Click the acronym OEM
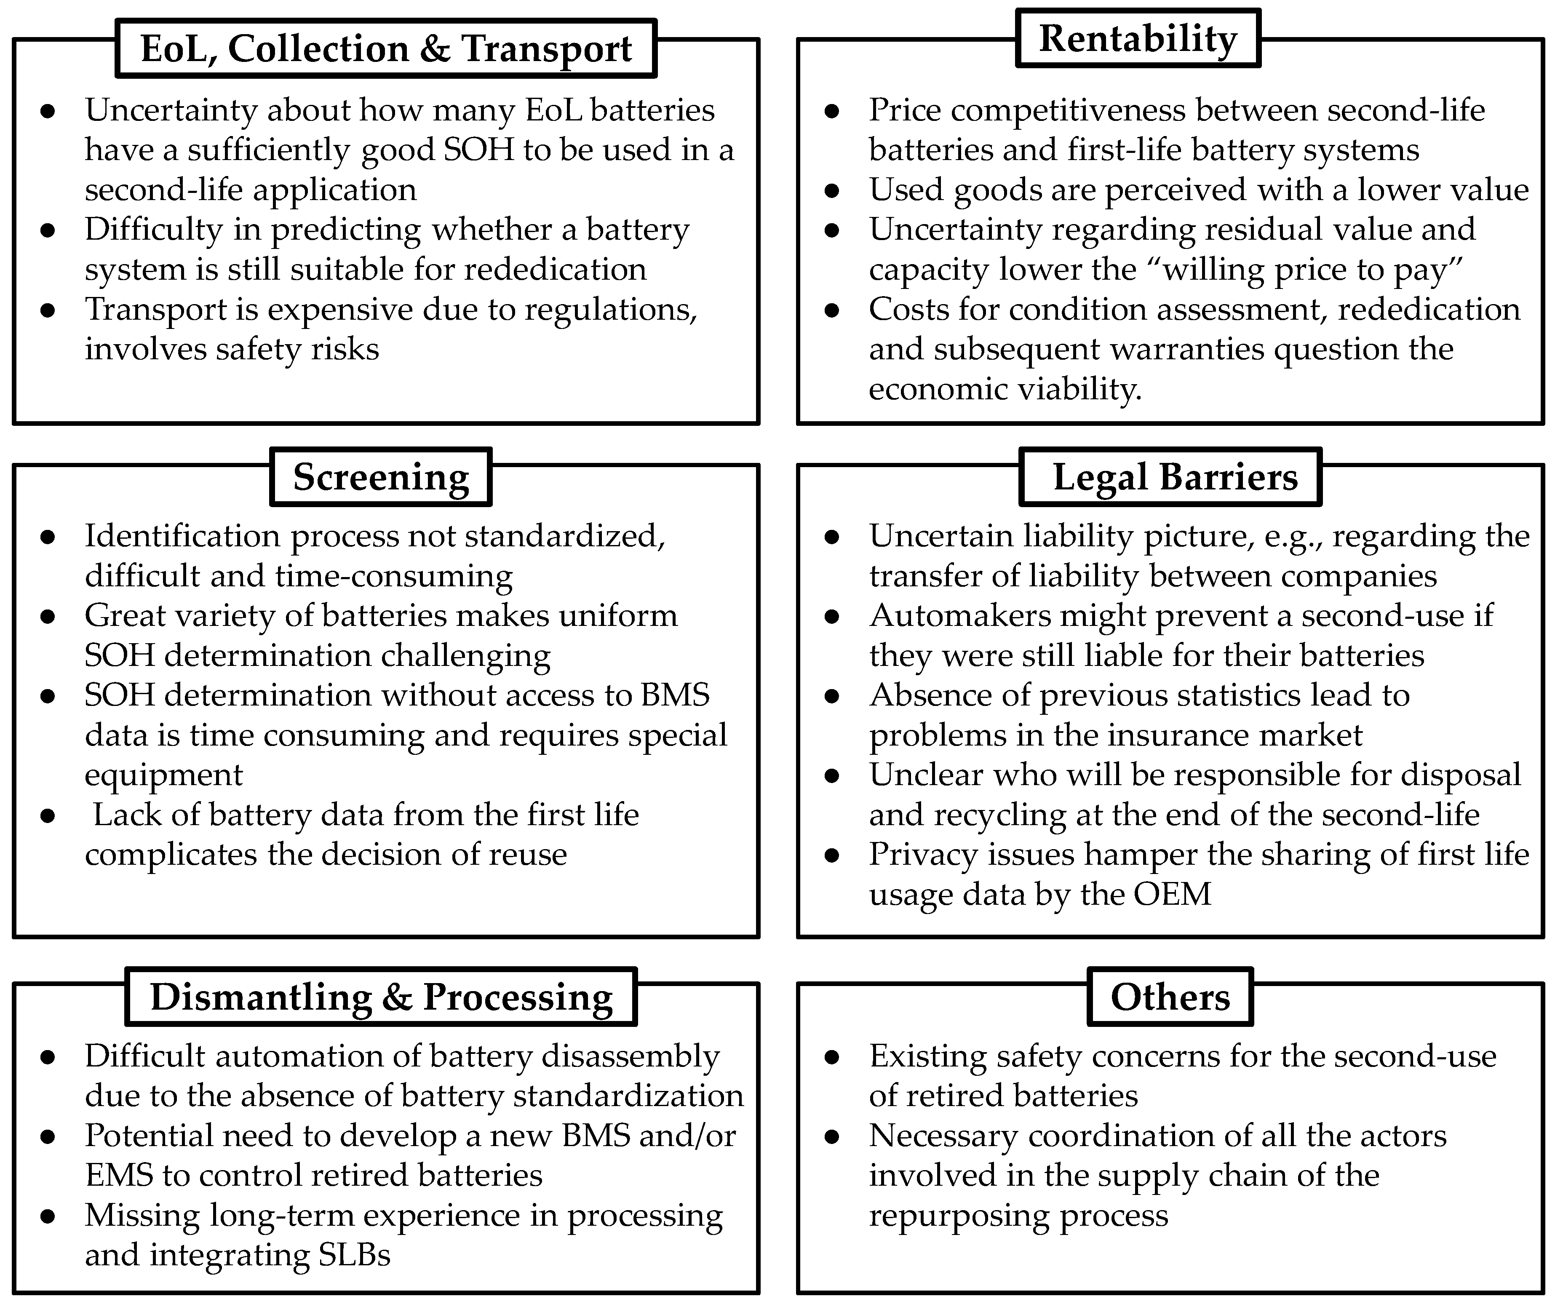click(x=1172, y=894)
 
